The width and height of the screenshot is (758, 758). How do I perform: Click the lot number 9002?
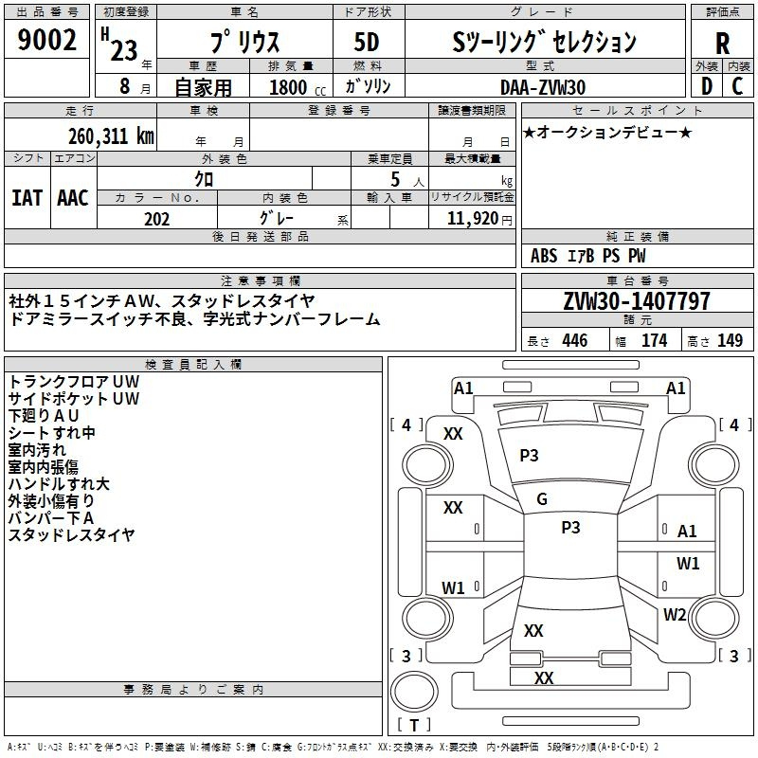tap(46, 40)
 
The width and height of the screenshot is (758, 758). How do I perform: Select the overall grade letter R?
tap(722, 44)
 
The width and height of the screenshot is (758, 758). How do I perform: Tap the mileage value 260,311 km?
tap(111, 136)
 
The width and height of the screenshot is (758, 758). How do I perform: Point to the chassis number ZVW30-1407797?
tap(637, 301)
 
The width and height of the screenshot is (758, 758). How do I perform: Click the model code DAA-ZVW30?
tap(543, 87)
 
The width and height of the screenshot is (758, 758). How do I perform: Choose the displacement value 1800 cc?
tap(298, 87)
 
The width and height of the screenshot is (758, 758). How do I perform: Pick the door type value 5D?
tap(367, 43)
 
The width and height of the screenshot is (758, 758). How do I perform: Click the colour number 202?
tap(156, 219)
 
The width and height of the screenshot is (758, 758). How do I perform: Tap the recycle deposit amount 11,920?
tap(472, 219)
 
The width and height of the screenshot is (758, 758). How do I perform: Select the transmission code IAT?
tap(27, 198)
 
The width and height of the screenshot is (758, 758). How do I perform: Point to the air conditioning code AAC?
tap(73, 198)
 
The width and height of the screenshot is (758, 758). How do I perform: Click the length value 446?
tap(575, 341)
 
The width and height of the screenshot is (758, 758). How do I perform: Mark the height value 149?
tap(730, 341)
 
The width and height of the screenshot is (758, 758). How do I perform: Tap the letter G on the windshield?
tap(542, 499)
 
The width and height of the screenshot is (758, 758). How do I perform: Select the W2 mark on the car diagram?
tap(675, 614)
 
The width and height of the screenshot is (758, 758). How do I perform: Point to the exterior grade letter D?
tap(707, 86)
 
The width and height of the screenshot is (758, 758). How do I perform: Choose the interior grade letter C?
tap(737, 86)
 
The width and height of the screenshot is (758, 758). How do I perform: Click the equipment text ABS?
tap(544, 256)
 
